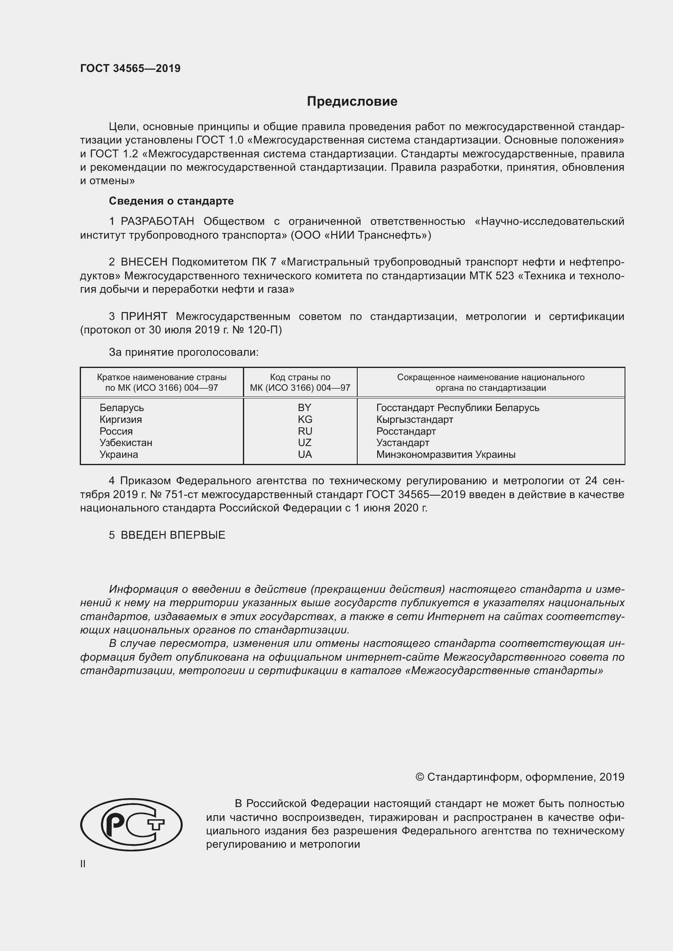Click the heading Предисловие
[352, 101]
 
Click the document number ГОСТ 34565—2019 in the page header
[130, 68]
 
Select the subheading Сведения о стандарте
[171, 201]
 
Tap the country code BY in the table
[304, 407]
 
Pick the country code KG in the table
[305, 419]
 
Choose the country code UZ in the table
[305, 442]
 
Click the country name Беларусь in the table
[121, 407]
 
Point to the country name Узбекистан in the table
[126, 442]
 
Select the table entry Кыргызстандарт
[414, 419]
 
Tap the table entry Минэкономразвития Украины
[446, 455]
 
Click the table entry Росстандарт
[406, 431]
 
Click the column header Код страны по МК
[300, 382]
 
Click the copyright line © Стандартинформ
[519, 777]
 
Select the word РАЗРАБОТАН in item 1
[157, 222]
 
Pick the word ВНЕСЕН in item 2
[144, 262]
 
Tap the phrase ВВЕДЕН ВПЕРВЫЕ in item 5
[173, 535]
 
